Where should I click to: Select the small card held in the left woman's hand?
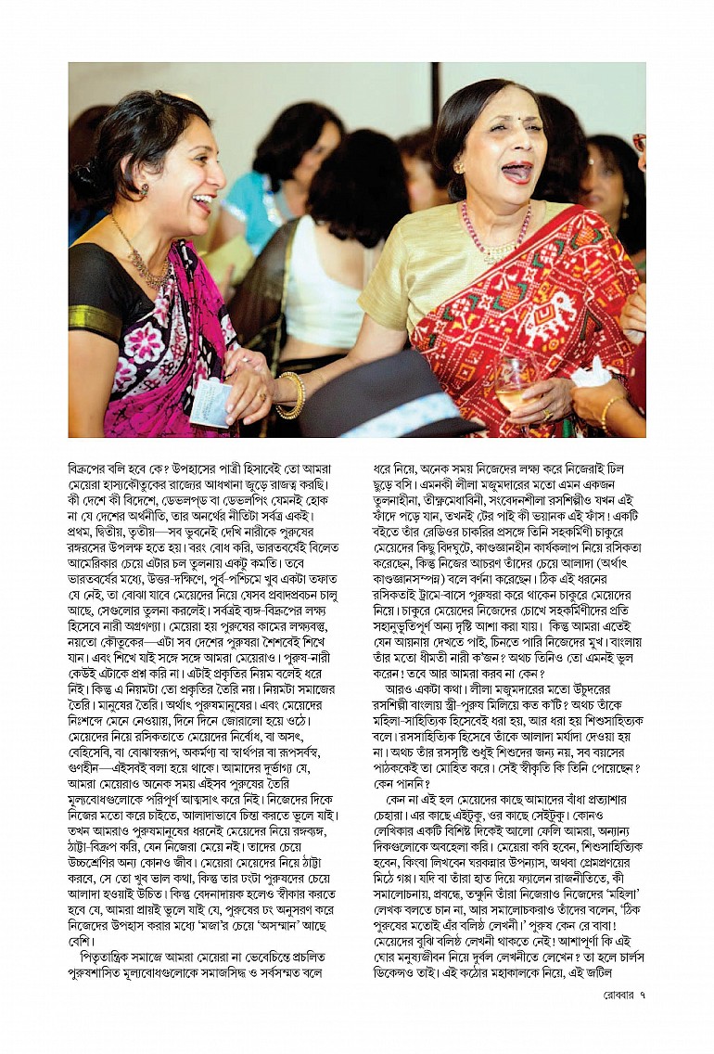[x=210, y=403]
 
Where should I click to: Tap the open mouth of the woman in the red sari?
[x=516, y=173]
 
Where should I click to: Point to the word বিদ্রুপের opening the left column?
[x=97, y=469]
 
